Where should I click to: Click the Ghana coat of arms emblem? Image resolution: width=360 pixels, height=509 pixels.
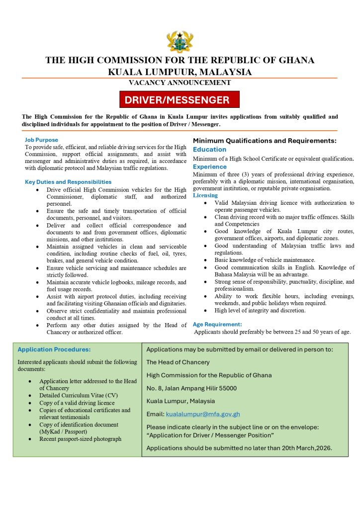[180, 41]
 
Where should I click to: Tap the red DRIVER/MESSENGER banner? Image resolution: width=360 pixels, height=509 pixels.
[180, 99]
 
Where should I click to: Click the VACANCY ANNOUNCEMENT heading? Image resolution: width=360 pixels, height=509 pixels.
[180, 83]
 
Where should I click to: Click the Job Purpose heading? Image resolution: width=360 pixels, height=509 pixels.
[41, 140]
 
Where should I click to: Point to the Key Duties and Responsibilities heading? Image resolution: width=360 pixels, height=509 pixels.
[68, 182]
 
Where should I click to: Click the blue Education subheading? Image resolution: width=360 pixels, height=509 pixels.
[209, 150]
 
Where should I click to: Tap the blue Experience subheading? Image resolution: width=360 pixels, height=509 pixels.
[210, 167]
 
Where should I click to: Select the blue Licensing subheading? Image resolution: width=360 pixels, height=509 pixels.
[205, 195]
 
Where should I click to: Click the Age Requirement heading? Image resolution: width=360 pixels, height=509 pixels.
[217, 325]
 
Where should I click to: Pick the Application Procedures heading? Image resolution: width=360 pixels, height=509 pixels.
[54, 349]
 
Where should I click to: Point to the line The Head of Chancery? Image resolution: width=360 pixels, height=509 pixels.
[178, 362]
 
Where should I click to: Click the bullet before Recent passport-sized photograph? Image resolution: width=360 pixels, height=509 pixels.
[31, 439]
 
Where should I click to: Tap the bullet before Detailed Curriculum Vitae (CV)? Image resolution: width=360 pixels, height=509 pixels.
[31, 396]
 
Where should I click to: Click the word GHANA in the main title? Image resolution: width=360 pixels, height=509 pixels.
[296, 60]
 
